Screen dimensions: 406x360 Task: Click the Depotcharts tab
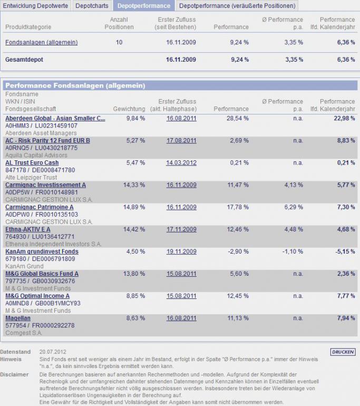tap(92, 6)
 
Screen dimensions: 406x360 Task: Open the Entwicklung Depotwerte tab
tap(35, 6)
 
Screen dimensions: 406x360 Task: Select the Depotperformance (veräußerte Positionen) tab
tap(237, 6)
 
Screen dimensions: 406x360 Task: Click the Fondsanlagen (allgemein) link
tap(42, 43)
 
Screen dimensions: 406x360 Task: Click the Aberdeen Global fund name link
tap(55, 119)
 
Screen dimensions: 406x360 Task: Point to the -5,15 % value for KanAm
tap(345, 252)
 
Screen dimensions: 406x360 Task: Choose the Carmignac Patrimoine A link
tap(40, 207)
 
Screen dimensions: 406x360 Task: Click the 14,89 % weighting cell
tap(134, 207)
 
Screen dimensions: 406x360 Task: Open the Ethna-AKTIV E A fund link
tap(28, 229)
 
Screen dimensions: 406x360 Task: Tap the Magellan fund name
tap(18, 318)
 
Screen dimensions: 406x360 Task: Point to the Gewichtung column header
tap(129, 109)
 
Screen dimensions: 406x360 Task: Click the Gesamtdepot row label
tap(24, 60)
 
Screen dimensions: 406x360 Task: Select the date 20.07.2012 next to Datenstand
tap(53, 351)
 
